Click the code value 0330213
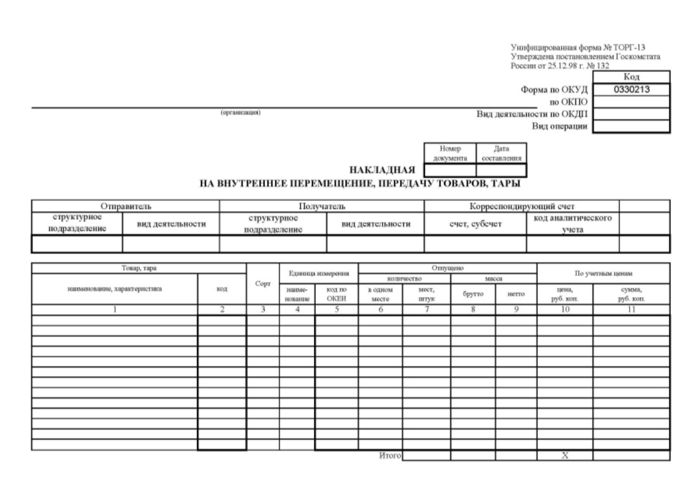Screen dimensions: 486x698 (x=630, y=88)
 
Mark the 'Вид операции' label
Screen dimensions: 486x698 (x=560, y=126)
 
